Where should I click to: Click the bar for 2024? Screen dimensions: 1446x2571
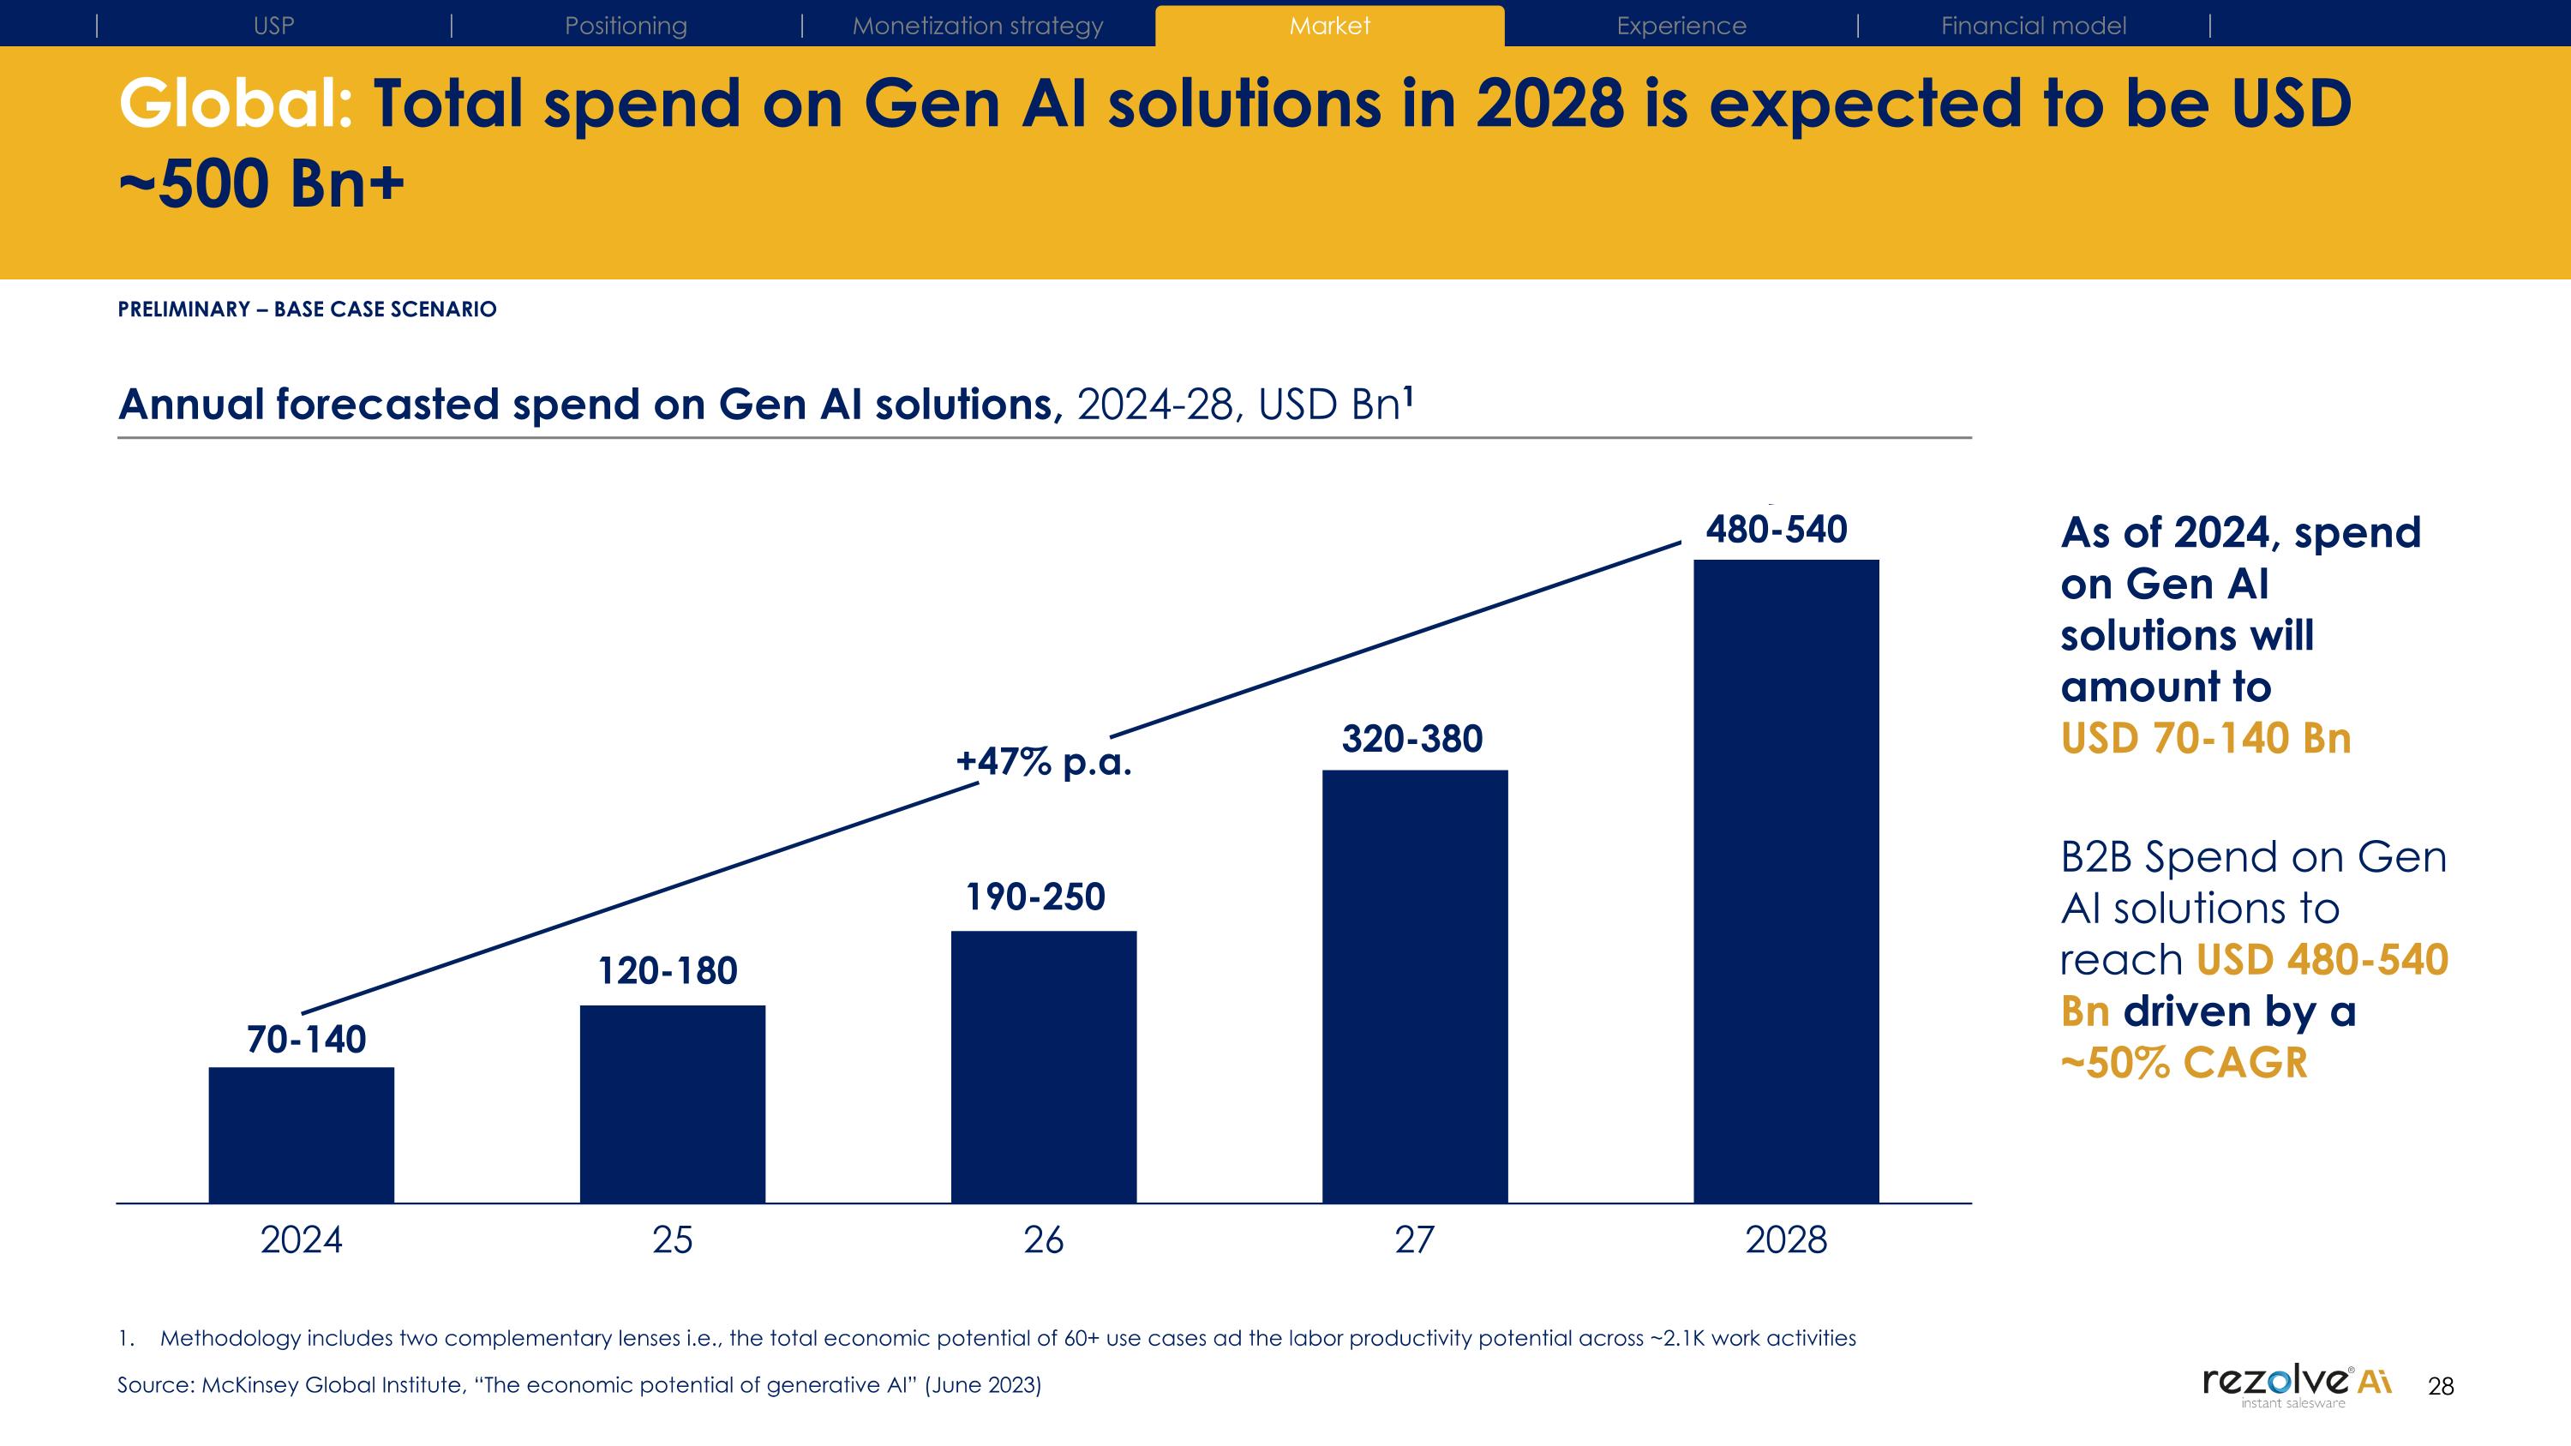click(x=302, y=1135)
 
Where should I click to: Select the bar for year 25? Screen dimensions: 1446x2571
click(x=673, y=1104)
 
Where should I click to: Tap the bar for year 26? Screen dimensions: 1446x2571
click(x=1044, y=1067)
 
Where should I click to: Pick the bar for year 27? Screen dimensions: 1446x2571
click(x=1415, y=986)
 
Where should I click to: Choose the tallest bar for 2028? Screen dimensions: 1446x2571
click(x=1787, y=881)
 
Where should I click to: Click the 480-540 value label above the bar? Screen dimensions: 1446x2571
click(x=1777, y=529)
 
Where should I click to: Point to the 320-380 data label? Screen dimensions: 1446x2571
click(x=1412, y=739)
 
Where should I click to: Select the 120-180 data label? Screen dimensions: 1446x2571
click(x=668, y=970)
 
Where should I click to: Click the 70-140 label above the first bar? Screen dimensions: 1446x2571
click(x=307, y=1039)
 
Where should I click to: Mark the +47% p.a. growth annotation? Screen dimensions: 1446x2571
click(x=1044, y=761)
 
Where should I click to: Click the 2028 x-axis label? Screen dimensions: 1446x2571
click(x=1787, y=1239)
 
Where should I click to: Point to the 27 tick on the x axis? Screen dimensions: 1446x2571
click(x=1414, y=1239)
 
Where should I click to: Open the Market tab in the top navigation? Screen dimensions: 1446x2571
click(x=1329, y=26)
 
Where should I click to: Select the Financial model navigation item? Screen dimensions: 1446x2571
click(x=2033, y=26)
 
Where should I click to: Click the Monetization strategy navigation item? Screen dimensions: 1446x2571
click(x=977, y=26)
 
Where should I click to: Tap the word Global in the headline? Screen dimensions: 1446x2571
click(x=236, y=104)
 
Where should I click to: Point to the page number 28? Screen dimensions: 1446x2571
click(x=2440, y=1386)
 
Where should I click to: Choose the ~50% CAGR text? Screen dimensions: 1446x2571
click(x=2184, y=1063)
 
